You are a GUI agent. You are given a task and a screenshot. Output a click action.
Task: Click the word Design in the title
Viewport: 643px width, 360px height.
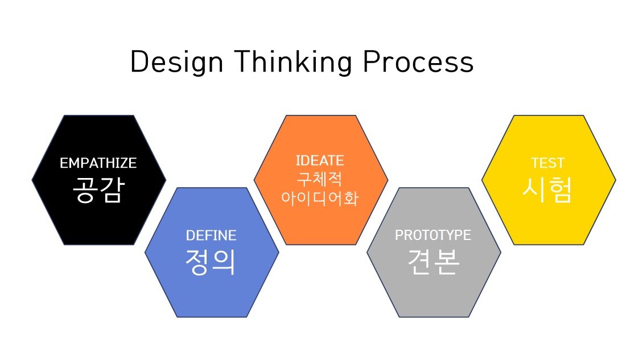177,63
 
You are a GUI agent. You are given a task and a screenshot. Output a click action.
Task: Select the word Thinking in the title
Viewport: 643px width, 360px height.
293,63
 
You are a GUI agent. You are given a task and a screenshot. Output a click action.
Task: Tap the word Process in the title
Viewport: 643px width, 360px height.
418,62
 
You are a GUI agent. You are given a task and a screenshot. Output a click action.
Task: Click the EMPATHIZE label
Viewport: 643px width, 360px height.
98,163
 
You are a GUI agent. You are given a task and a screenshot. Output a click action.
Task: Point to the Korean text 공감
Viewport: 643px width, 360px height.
98,190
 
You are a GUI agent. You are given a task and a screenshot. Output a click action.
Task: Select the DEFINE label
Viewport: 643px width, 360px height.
211,235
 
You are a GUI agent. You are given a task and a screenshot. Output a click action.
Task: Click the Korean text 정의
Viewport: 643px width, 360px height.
211,262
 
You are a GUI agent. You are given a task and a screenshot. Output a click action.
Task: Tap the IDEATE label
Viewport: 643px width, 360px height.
320,160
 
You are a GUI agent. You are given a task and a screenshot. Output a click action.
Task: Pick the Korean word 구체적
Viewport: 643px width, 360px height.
319,179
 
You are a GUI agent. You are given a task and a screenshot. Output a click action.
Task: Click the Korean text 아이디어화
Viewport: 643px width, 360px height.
320,198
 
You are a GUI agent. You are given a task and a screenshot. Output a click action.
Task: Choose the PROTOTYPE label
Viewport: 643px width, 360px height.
433,235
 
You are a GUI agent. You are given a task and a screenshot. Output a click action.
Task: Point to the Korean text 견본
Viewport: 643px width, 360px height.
434,262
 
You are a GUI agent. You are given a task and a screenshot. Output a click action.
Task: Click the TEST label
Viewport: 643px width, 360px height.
548,163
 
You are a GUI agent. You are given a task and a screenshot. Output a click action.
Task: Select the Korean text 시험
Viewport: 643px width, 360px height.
547,190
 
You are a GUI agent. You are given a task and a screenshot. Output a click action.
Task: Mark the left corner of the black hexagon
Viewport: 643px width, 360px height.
32,180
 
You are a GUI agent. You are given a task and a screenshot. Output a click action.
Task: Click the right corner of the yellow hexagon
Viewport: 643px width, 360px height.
616,180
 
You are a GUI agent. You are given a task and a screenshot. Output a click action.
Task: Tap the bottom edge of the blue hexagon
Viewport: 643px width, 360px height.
212,317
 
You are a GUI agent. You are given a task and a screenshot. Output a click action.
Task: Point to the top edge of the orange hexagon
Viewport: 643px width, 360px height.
321,115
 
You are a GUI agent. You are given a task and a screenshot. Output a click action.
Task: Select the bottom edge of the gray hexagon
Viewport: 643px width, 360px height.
434,317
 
